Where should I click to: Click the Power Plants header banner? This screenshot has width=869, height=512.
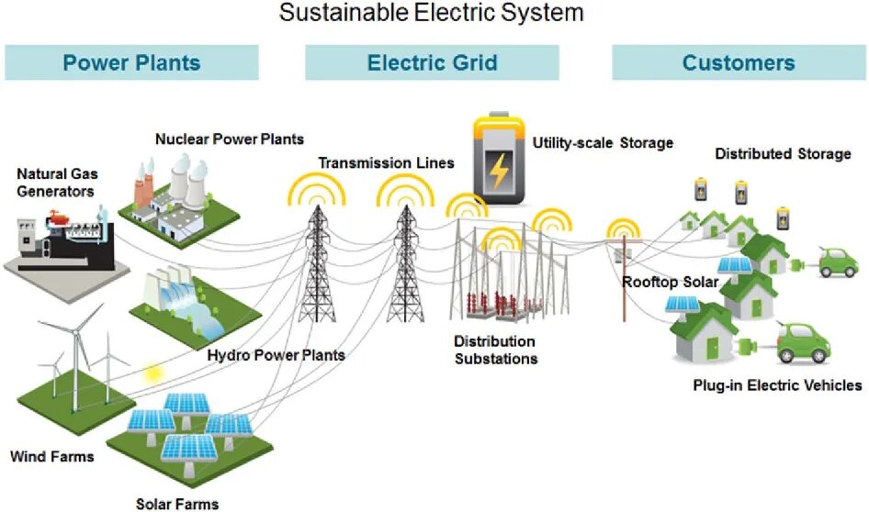[x=131, y=63]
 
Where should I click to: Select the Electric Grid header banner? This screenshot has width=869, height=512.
[x=432, y=63]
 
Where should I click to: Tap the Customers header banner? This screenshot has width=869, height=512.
[x=739, y=63]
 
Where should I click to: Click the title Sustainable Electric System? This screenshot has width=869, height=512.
[x=432, y=13]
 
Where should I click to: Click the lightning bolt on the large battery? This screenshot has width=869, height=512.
[x=500, y=169]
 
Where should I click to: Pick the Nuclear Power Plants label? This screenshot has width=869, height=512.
[x=229, y=139]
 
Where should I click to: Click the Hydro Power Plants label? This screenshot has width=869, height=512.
[x=276, y=355]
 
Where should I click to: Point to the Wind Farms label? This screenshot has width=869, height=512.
[x=51, y=456]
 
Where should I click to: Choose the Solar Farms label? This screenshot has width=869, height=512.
[x=177, y=503]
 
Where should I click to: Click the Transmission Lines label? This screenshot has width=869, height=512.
[x=386, y=163]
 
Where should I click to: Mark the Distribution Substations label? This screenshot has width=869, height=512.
[x=495, y=350]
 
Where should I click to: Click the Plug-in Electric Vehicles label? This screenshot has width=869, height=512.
[x=777, y=385]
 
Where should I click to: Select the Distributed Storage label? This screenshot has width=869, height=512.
[x=783, y=154]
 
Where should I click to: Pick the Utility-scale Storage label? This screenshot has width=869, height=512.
[x=604, y=143]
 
